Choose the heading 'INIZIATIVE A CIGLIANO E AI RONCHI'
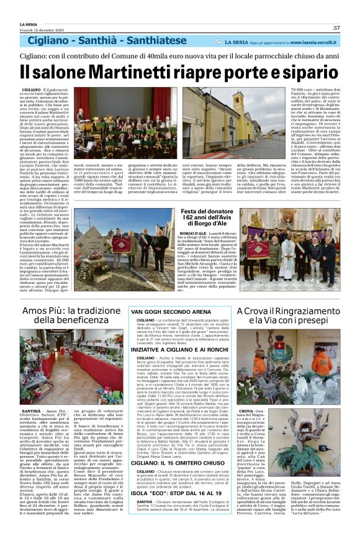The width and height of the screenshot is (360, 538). point(180,350)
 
